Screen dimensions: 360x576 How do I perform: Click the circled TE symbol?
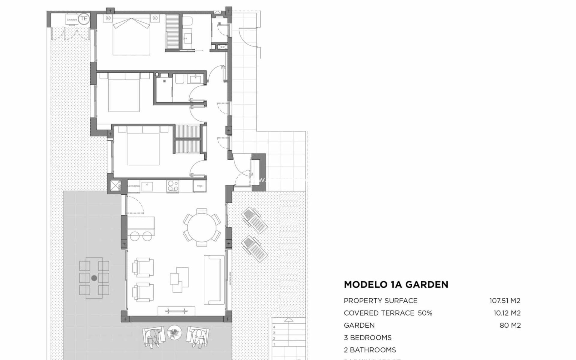coord(84,18)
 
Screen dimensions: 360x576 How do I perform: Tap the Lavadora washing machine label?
coord(72,19)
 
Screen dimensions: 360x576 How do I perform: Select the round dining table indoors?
coord(202,227)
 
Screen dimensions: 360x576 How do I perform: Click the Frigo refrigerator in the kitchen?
coord(199,186)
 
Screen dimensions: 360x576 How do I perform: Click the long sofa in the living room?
coord(214,280)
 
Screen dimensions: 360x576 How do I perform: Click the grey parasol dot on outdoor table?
coord(94,278)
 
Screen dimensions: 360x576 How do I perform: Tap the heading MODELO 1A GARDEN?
coord(396,284)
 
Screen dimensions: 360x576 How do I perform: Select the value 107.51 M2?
coord(505,301)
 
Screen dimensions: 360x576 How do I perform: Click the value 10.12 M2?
coord(507,313)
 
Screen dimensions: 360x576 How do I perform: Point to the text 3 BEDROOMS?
coord(367,337)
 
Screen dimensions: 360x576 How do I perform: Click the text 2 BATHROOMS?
coord(370,350)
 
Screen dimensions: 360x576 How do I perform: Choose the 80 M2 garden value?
coord(510,325)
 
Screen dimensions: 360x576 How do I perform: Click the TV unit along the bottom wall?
coord(176,311)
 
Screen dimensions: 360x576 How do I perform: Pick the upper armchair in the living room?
coord(143,267)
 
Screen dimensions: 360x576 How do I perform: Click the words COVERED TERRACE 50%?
coord(388,313)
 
